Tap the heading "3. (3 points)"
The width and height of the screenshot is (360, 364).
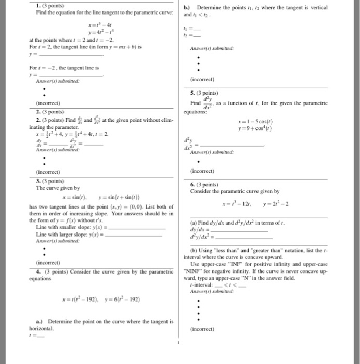click(x=49, y=181)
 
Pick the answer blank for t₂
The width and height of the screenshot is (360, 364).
click(x=195, y=35)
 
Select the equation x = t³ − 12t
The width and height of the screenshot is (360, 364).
click(x=238, y=203)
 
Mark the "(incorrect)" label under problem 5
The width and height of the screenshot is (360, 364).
click(x=203, y=171)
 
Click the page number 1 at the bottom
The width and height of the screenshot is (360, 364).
click(x=178, y=343)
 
